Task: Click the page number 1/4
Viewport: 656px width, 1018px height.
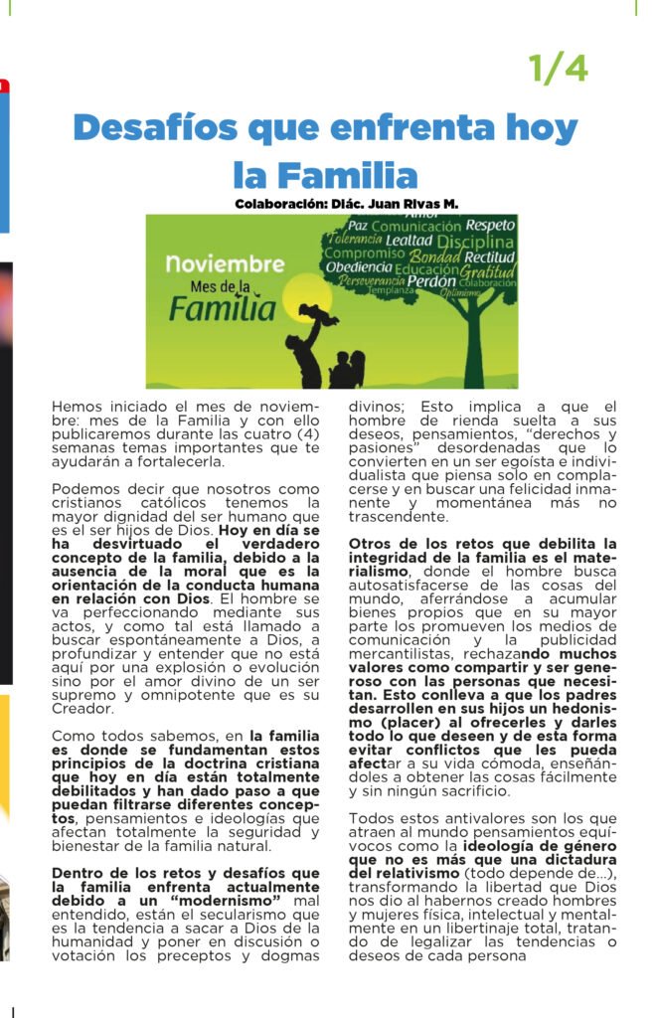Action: point(558,69)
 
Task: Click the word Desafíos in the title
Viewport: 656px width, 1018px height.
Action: point(154,128)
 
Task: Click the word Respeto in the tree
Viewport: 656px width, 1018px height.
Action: point(490,225)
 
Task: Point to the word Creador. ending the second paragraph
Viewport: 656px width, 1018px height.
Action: point(84,709)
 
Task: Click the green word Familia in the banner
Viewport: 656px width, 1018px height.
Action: point(221,308)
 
